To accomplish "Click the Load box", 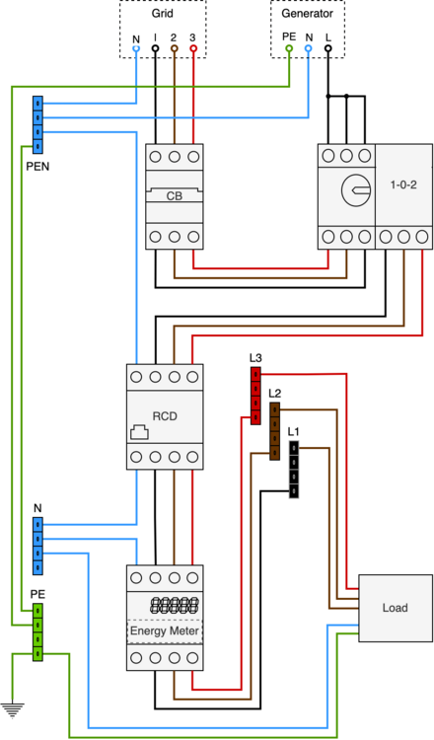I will [x=395, y=607].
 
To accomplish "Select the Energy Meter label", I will [x=165, y=629].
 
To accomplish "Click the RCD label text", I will [x=165, y=415].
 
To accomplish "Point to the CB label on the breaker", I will [x=174, y=196].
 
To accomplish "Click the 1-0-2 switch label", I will [x=404, y=185].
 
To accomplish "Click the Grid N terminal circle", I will [x=136, y=47].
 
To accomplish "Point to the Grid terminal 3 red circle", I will [x=192, y=47].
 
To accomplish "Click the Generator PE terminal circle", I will [x=288, y=47].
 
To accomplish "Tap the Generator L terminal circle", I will [x=327, y=47].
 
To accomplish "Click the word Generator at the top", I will [x=307, y=15].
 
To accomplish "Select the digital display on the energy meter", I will [x=165, y=604].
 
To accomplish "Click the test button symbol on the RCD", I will [x=139, y=432].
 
